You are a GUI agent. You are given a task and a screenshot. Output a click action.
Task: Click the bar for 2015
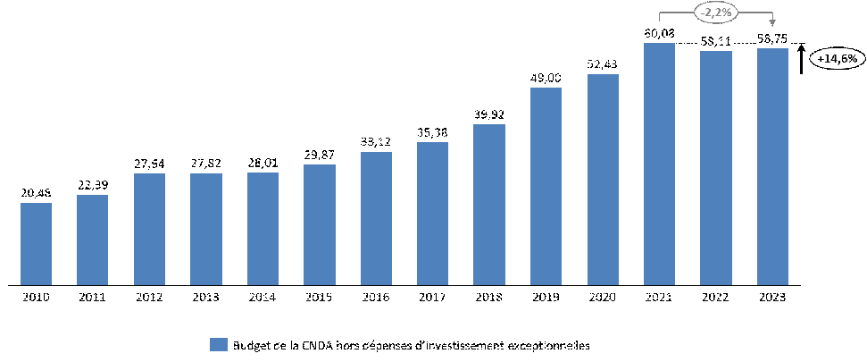pyautogui.click(x=319, y=224)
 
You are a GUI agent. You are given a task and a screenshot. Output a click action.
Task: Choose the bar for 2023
pyautogui.click(x=772, y=166)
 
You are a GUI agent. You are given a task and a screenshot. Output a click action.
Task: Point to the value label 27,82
pyautogui.click(x=205, y=164)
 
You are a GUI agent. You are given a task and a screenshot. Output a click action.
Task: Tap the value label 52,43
pyautogui.click(x=603, y=65)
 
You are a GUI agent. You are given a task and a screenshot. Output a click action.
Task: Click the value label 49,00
pyautogui.click(x=546, y=79)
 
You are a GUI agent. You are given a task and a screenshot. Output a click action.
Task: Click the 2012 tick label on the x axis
pyautogui.click(x=149, y=297)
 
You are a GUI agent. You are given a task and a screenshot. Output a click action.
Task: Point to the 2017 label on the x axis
pyautogui.click(x=432, y=297)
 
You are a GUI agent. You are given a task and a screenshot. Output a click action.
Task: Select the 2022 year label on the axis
pyautogui.click(x=716, y=297)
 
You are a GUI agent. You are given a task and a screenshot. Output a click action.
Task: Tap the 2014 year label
pyautogui.click(x=263, y=297)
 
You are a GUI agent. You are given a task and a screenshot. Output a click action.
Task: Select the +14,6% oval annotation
pyautogui.click(x=837, y=58)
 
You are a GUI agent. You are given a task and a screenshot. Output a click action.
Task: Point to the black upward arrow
pyautogui.click(x=802, y=58)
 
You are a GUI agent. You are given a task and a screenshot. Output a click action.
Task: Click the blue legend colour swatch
pyautogui.click(x=219, y=345)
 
